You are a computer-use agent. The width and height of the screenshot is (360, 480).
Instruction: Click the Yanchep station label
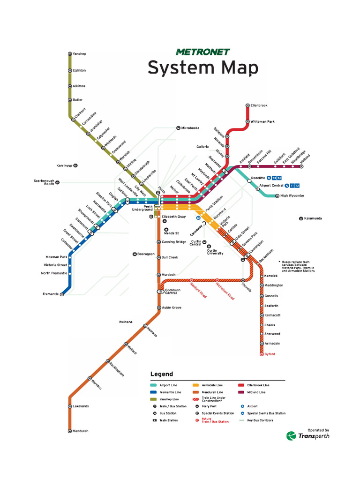click(80, 54)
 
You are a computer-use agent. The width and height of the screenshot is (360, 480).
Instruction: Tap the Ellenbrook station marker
click(247, 105)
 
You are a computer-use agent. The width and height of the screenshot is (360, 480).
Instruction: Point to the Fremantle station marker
click(62, 294)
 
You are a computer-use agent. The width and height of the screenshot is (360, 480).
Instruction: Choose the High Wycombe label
click(292, 195)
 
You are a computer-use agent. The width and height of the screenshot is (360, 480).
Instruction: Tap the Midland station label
click(305, 158)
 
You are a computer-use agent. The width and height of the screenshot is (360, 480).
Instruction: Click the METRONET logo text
click(203, 52)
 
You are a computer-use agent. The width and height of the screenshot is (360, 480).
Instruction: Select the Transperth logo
click(308, 435)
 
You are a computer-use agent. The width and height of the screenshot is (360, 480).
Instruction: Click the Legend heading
click(161, 374)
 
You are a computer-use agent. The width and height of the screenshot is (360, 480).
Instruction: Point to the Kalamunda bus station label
click(313, 218)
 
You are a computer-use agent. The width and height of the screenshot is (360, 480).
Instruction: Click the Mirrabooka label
click(190, 128)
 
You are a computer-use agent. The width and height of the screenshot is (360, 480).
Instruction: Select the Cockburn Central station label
click(171, 291)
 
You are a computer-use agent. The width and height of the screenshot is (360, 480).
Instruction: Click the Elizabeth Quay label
click(174, 217)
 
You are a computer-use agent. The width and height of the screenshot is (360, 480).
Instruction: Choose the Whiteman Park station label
click(262, 121)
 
